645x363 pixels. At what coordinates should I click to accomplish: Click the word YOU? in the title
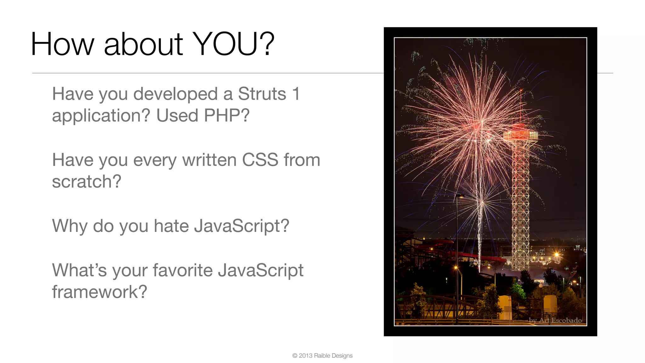233,44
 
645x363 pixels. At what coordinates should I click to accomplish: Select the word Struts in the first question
262,94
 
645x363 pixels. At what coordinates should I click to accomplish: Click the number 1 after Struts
296,94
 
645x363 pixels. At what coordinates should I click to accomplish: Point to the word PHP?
226,115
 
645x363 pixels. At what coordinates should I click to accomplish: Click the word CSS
260,160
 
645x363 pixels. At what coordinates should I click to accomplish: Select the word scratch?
87,181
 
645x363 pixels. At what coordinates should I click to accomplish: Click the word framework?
100,292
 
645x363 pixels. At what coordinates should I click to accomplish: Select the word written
209,160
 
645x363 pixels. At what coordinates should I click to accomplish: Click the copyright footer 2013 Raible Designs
322,355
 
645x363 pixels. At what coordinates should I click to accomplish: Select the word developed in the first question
175,94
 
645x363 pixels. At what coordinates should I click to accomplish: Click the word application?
101,116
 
